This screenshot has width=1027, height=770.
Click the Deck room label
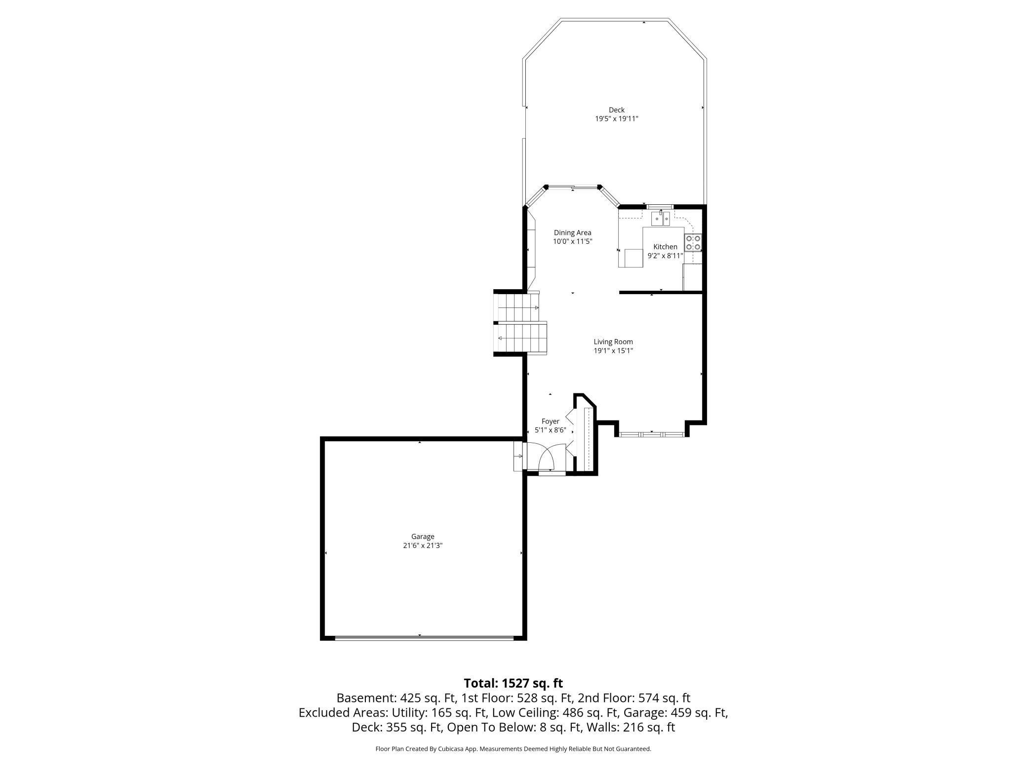(x=616, y=110)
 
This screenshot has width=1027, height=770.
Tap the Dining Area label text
(x=572, y=232)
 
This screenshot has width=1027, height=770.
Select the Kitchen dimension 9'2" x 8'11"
(x=665, y=256)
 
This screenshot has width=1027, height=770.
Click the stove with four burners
(x=693, y=242)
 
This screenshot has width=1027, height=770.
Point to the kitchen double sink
(x=661, y=218)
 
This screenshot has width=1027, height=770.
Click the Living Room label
(x=613, y=342)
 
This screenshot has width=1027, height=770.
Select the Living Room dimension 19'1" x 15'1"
(x=613, y=351)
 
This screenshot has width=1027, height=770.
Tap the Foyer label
(x=550, y=421)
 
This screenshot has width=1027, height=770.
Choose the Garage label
(x=423, y=537)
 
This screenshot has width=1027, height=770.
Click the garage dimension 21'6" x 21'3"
(x=423, y=545)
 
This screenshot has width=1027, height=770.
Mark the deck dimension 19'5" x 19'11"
(x=616, y=119)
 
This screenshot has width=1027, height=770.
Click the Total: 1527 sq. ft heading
(x=513, y=683)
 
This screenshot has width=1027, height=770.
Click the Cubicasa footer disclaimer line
(x=513, y=749)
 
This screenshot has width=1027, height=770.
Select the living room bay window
(x=652, y=434)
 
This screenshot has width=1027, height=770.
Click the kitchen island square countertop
(x=634, y=258)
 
